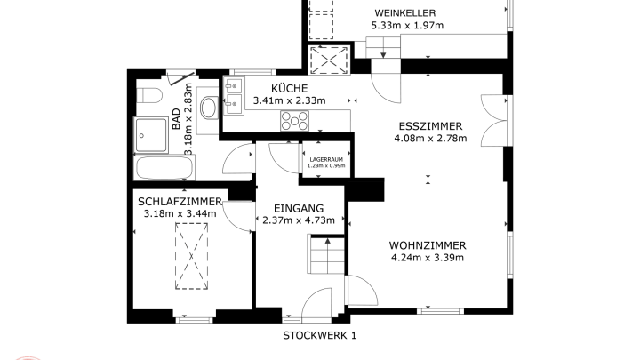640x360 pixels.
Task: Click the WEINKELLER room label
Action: pos(405,13)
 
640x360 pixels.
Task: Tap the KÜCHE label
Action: pos(290,88)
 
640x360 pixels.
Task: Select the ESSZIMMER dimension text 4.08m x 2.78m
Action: pos(430,139)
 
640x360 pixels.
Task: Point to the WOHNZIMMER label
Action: pos(428,245)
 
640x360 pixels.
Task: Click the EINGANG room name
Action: pos(299,209)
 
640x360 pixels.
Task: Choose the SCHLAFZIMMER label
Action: pos(180,202)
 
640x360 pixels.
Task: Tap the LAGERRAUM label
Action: pos(326,160)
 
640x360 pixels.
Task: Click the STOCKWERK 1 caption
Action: pos(320,335)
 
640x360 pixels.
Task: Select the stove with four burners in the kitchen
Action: pos(294,121)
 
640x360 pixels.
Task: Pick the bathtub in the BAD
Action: pos(164,167)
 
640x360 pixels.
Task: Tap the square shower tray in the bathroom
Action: pos(151,135)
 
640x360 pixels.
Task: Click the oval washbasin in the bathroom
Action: pos(209,108)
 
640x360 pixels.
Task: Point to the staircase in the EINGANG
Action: pos(327,254)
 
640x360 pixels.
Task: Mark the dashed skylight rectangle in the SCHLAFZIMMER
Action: pos(191,256)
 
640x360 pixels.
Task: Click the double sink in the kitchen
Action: pos(234,96)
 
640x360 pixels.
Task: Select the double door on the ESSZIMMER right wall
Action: pos(494,120)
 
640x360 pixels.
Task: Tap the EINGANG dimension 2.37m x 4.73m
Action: pos(299,220)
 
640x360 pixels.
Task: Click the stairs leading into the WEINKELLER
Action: pos(383,47)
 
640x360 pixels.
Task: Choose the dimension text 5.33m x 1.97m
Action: pos(407,25)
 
